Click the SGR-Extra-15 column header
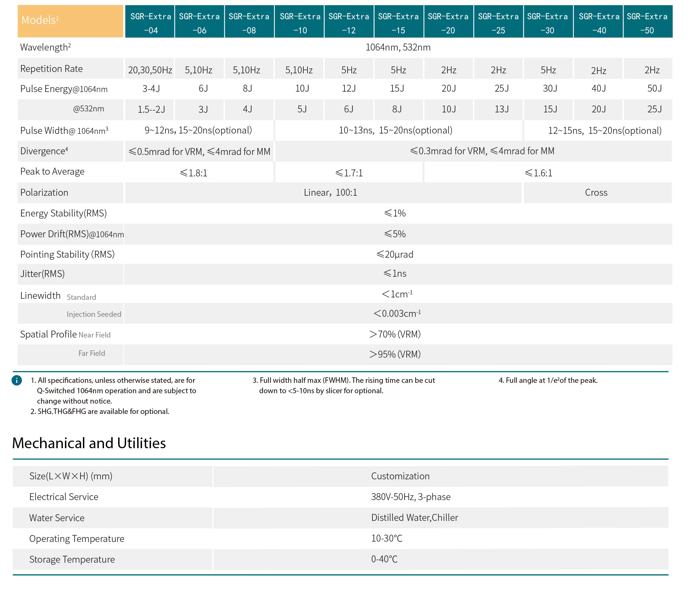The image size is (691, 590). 398,21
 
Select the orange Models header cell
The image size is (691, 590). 70,21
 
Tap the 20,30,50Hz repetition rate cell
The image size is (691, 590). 150,70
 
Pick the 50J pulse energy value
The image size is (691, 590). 654,89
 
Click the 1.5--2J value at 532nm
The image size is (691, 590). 151,109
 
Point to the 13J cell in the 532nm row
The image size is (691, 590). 502,109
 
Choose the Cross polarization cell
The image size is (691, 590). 596,192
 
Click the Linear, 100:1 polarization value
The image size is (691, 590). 330,192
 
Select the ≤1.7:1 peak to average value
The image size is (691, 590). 349,173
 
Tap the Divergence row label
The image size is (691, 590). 44,151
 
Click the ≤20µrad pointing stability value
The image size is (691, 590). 395,255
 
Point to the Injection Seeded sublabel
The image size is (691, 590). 94,314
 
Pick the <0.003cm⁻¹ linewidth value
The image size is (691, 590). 397,313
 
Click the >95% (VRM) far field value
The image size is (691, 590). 395,354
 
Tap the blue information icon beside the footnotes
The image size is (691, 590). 17,380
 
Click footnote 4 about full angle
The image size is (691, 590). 548,380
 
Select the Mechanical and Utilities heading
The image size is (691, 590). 89,443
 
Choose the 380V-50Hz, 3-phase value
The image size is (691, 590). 411,497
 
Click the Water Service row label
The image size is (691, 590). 57,518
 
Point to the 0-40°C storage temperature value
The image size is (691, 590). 384,559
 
